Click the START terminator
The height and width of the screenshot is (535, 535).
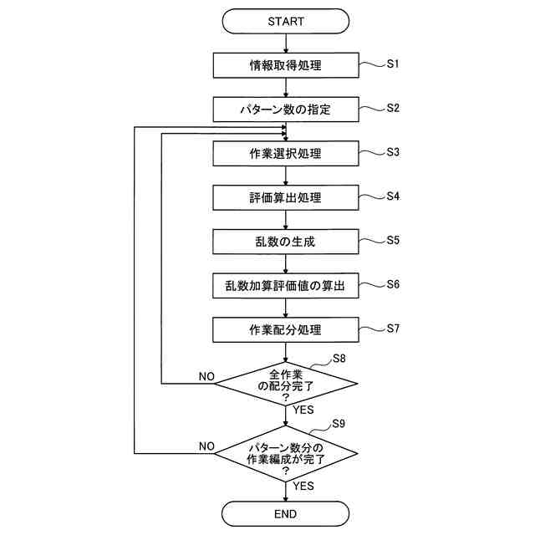point(286,21)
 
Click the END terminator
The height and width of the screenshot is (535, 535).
point(286,513)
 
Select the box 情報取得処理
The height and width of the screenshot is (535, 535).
point(286,65)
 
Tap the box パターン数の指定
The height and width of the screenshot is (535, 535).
point(286,110)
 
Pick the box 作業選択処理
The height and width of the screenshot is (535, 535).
point(286,154)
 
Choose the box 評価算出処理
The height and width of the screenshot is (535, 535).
point(286,198)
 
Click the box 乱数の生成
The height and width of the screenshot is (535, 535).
point(286,242)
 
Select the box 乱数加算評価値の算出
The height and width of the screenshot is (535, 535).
point(286,286)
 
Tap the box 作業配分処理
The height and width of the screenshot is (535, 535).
point(286,330)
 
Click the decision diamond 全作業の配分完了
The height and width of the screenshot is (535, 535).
point(286,384)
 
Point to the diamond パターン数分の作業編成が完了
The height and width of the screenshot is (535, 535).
point(286,455)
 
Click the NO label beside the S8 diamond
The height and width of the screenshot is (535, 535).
point(206,376)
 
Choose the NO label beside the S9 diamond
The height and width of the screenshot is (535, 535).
point(206,446)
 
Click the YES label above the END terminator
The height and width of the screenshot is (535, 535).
point(303,486)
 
